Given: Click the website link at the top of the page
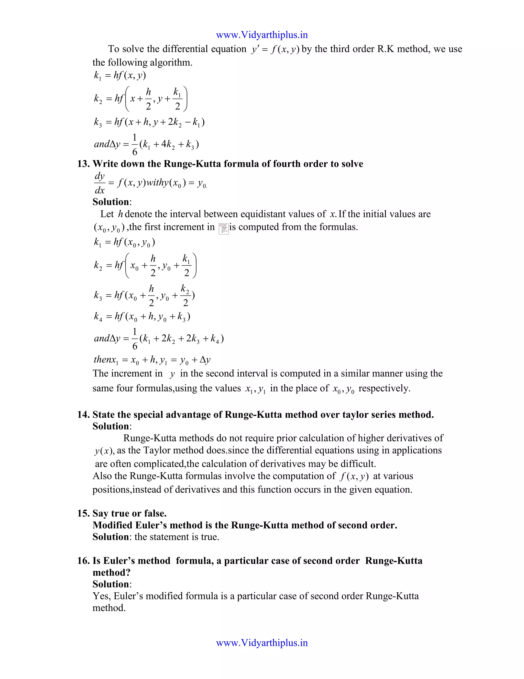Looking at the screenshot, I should point(262,35).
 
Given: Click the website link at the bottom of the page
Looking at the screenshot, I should point(262,643).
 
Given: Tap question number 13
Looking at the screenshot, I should point(83,164).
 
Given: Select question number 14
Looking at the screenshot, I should point(83,415).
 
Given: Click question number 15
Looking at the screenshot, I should point(83,513).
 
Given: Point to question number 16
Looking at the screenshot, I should point(83,561).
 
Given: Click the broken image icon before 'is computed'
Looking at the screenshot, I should point(224,229).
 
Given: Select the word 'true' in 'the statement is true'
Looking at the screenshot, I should point(209,537).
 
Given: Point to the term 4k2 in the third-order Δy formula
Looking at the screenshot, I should point(168,145).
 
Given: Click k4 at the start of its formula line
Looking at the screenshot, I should point(98,317).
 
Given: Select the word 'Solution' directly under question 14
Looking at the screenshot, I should point(111,426).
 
